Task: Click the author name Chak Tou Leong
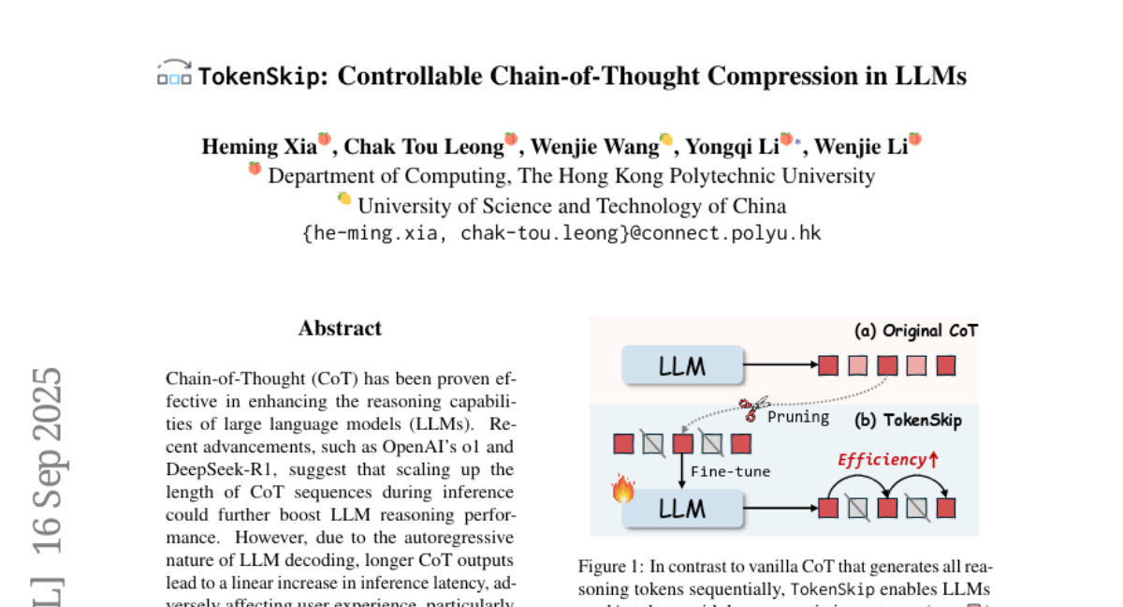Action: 425,146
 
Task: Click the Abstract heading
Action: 340,328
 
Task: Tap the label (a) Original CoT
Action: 916,331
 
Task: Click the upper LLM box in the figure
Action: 682,365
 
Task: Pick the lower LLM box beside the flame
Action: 682,509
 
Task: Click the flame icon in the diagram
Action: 622,489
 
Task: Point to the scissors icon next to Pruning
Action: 750,408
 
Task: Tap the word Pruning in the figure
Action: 798,416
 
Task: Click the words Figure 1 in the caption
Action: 610,567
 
